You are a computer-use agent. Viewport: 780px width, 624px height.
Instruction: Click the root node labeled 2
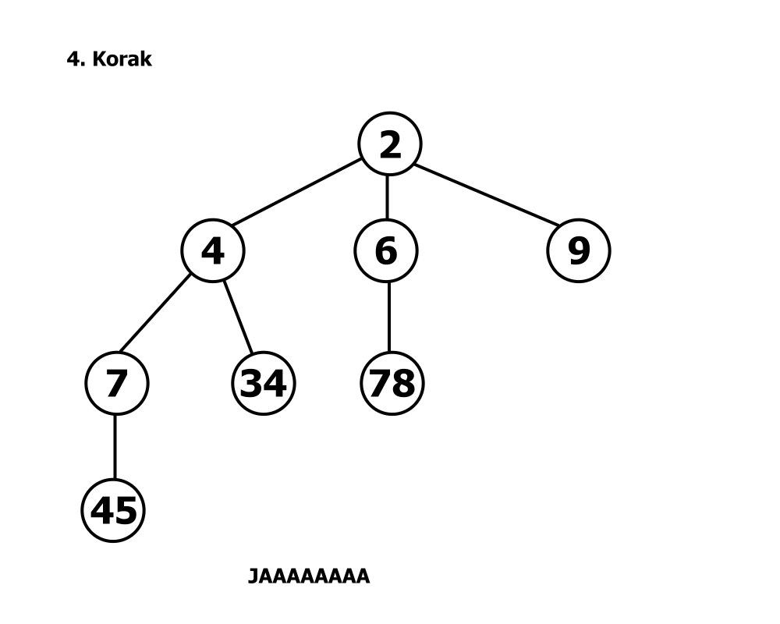389,144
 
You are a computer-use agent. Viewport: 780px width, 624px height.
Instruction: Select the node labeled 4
213,250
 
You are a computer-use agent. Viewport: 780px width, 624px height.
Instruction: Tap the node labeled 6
386,250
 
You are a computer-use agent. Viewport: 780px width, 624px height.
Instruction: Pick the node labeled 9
578,250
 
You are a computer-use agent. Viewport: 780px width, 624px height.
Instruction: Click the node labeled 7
116,383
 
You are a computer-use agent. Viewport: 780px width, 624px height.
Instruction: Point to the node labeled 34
264,383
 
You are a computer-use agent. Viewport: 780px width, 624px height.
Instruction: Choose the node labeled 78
392,383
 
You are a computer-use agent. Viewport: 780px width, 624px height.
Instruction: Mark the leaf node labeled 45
114,511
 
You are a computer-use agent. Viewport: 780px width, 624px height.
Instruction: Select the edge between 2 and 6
388,197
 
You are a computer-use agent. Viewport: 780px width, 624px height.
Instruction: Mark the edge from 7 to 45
115,447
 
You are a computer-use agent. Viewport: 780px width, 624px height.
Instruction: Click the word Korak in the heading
122,59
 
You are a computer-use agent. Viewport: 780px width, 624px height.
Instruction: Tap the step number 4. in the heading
76,59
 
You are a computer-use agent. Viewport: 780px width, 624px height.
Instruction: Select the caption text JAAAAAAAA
308,576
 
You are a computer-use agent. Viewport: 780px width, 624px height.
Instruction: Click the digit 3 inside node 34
252,383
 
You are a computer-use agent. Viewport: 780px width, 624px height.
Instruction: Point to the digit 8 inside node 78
404,383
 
